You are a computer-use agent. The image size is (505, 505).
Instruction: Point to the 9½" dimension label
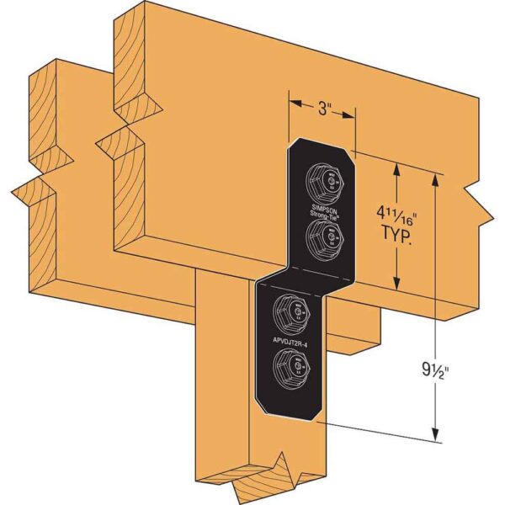pyautogui.click(x=461, y=369)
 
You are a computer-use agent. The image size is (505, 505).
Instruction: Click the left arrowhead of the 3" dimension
pyautogui.click(x=294, y=104)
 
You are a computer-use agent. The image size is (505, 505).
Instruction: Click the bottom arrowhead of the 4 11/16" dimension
pyautogui.click(x=396, y=286)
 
